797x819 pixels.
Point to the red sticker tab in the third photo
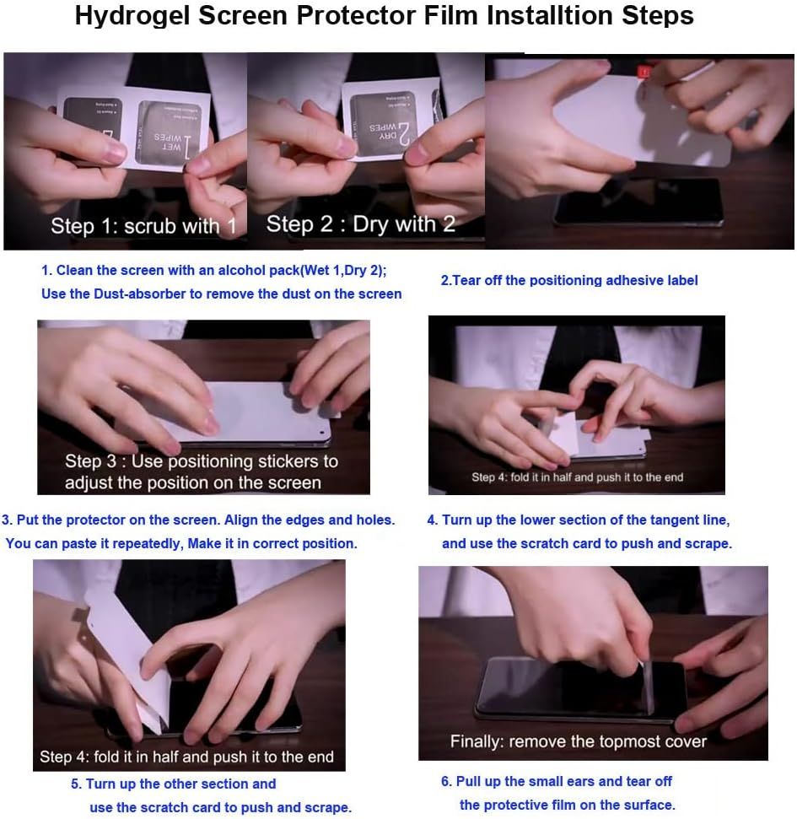point(644,72)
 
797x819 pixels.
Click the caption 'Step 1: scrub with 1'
point(143,226)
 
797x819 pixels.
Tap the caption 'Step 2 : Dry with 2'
point(361,224)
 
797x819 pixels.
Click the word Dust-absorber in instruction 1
point(140,294)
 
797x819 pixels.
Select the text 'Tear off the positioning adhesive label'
point(575,281)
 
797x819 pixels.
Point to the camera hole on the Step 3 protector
point(321,433)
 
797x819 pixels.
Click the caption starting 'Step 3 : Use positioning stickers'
point(201,471)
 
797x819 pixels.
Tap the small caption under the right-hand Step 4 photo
point(577,477)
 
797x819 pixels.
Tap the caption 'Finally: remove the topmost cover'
point(579,741)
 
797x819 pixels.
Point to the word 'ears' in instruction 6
point(579,781)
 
